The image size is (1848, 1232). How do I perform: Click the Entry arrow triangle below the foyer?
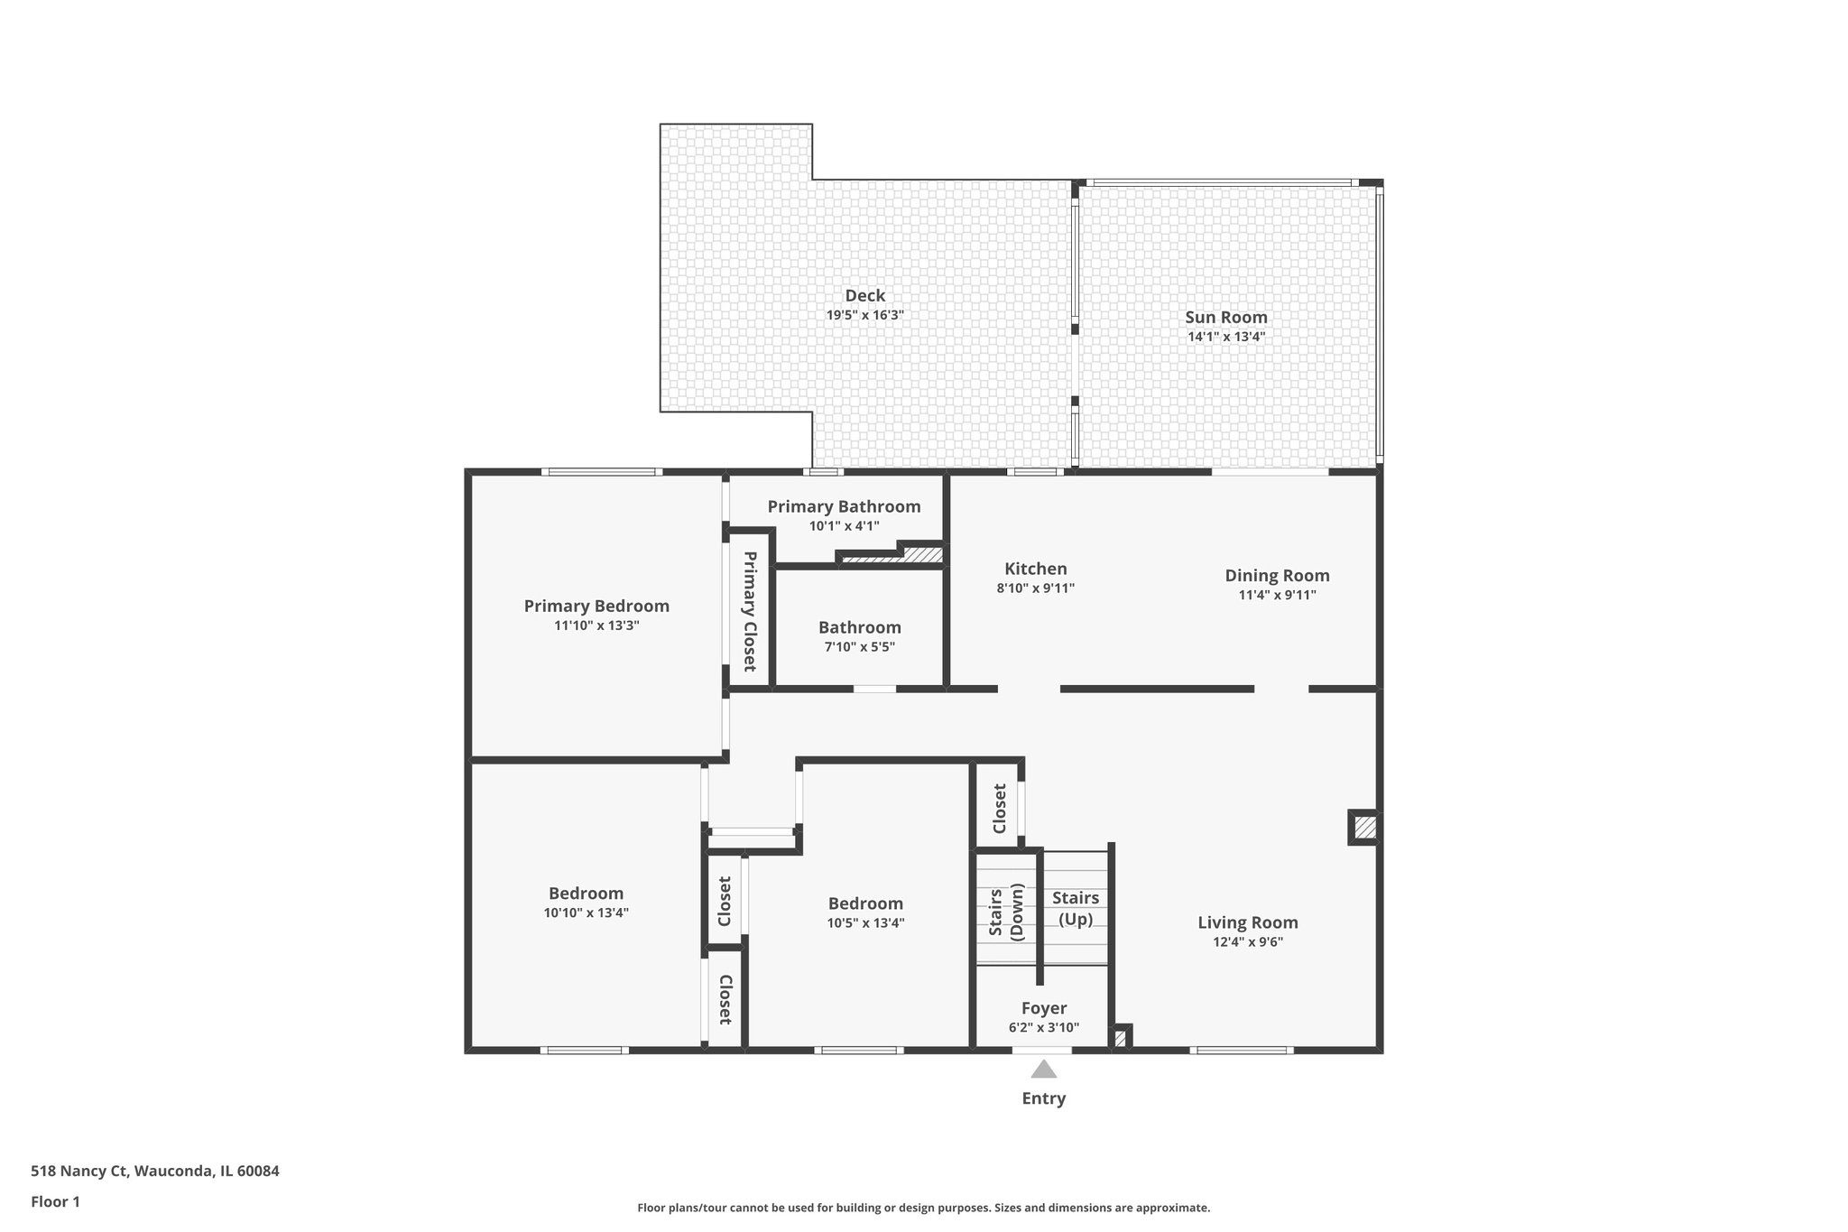point(1043,1070)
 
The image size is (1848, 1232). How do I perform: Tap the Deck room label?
point(864,295)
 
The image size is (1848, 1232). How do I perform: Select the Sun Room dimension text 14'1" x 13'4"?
point(1225,337)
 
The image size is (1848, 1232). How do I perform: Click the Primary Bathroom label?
point(844,506)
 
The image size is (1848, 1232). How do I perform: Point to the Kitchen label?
point(1035,569)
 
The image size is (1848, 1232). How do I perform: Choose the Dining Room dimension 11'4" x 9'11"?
point(1276,595)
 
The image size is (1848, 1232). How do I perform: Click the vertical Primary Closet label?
point(749,612)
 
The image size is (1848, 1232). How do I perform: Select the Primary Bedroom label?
point(596,606)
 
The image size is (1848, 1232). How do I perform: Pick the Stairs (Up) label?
point(1075,908)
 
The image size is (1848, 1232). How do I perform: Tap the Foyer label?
point(1043,1008)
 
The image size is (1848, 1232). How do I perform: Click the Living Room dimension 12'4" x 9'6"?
point(1247,942)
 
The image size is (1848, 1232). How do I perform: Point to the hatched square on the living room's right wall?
point(1364,827)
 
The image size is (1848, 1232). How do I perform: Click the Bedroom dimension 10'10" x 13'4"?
point(586,912)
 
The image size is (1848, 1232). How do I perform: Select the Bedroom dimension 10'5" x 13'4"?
point(864,922)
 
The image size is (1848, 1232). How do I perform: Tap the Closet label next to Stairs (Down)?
point(999,809)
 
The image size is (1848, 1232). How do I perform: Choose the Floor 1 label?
point(55,1201)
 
